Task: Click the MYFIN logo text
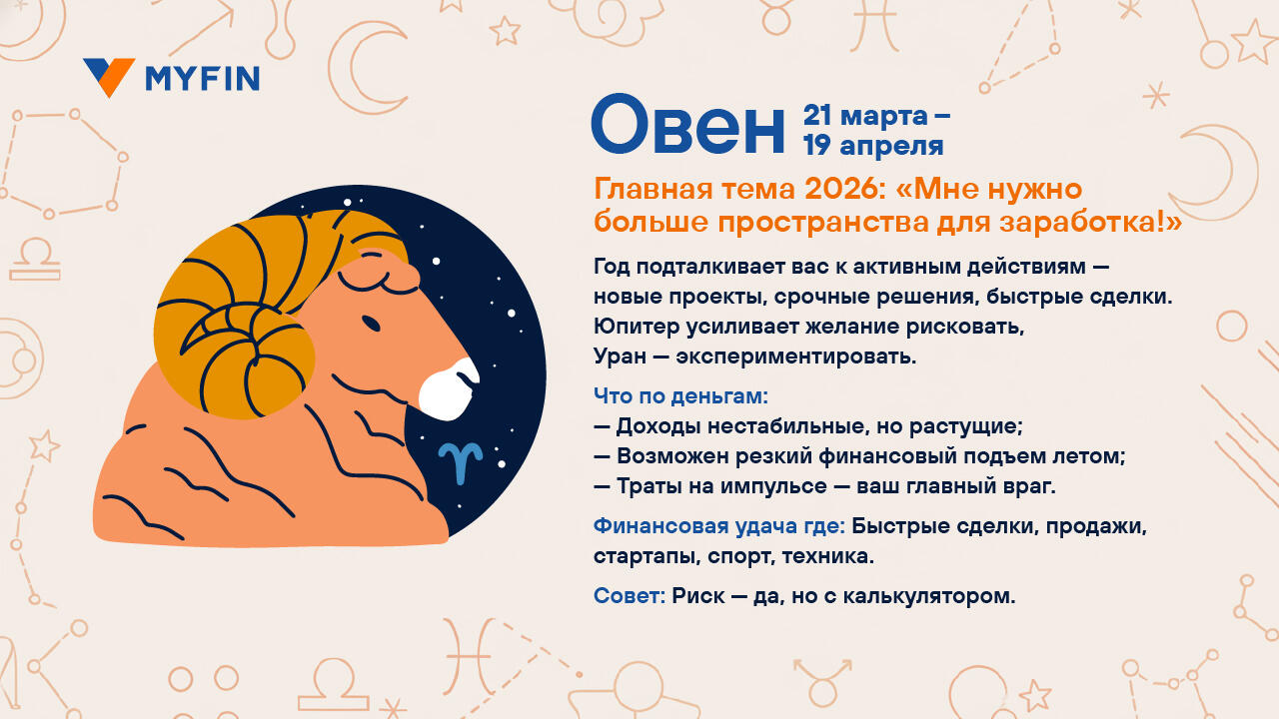(203, 79)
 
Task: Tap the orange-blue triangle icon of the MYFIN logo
(109, 77)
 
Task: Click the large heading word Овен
(688, 125)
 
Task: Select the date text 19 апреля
(873, 146)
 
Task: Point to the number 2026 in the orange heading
(845, 189)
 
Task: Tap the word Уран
(621, 357)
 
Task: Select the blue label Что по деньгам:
(681, 396)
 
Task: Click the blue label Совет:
(630, 596)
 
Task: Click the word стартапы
(646, 556)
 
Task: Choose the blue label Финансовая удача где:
(719, 526)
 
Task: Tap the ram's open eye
(371, 324)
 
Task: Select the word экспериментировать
(796, 358)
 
